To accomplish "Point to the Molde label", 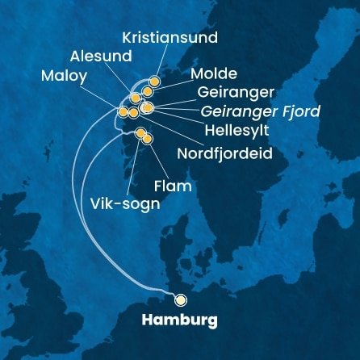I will tap(214, 74).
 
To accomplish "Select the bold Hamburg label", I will tap(179, 320).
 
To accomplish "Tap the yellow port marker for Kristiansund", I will tap(154, 82).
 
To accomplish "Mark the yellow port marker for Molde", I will tap(148, 91).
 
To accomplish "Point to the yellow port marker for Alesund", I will tap(136, 98).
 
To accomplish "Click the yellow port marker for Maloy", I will tap(123, 112).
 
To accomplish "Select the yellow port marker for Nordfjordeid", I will tap(133, 113).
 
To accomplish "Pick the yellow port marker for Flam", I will tap(147, 140).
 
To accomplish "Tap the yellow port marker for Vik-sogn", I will tap(140, 133).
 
